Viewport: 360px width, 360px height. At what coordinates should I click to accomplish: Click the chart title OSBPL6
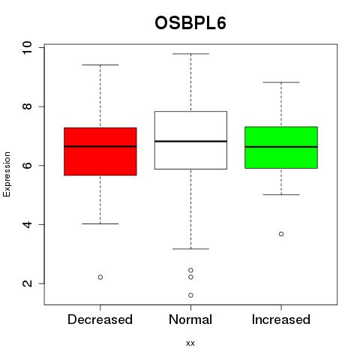pos(190,23)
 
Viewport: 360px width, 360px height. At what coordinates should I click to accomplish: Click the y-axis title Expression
pos(7,174)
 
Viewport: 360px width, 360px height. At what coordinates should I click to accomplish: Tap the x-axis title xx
pos(190,343)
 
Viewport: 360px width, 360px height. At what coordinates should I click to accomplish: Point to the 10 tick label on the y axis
pos(27,47)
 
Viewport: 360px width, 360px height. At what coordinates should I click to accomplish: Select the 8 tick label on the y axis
pos(27,106)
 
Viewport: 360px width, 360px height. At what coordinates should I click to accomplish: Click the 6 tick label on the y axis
pos(27,166)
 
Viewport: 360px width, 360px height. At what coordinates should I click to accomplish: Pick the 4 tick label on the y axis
pos(27,224)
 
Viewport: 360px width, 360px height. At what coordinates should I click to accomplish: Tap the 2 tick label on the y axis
pos(27,283)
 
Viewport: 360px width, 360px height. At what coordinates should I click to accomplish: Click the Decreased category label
pos(100,319)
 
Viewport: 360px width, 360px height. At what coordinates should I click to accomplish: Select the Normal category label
pos(190,319)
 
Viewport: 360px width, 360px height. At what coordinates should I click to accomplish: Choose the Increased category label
pos(281,319)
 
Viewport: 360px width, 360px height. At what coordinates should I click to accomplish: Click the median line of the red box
pos(100,146)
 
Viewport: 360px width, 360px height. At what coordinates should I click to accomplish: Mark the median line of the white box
pos(190,141)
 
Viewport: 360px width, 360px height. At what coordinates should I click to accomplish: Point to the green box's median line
pos(281,147)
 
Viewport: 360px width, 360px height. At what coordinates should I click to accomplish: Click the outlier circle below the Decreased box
pos(100,277)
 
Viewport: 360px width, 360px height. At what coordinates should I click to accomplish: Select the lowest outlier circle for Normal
pos(190,295)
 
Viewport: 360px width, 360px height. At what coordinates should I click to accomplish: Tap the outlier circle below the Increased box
pos(281,234)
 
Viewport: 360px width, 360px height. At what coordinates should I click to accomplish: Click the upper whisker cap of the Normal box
pos(190,54)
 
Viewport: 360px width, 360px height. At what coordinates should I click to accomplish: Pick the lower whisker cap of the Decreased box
pos(100,223)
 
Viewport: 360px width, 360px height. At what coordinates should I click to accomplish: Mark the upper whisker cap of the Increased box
pos(281,82)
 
